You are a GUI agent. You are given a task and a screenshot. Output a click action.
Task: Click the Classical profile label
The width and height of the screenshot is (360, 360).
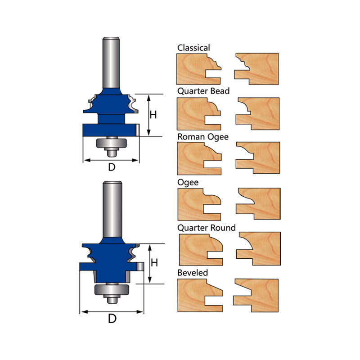(193, 48)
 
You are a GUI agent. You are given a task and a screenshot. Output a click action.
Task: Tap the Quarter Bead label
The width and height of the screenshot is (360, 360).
(203, 91)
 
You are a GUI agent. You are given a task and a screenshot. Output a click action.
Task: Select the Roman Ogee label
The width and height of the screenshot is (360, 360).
(203, 137)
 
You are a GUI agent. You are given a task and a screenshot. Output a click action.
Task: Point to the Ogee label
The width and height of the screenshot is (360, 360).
(188, 183)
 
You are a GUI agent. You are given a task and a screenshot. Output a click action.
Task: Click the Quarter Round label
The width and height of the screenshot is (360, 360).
(207, 228)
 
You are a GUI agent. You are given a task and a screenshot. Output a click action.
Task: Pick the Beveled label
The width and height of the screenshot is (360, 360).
(193, 273)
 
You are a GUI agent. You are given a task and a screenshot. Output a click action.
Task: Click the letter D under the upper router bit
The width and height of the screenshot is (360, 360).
(112, 167)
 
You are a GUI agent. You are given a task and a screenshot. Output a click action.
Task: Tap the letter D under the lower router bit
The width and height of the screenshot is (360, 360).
(112, 319)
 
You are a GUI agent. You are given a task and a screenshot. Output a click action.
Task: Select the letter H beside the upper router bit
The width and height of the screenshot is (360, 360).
(153, 115)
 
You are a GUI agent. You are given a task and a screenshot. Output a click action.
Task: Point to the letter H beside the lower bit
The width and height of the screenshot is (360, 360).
(154, 263)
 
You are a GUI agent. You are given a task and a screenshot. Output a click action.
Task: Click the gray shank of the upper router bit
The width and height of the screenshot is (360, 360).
(111, 63)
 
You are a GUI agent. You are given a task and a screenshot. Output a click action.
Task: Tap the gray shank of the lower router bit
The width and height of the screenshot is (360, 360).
(112, 209)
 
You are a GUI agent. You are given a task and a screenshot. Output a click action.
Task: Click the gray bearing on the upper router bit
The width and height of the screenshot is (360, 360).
(111, 143)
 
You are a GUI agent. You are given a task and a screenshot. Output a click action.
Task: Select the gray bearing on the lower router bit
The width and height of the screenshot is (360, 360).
(112, 289)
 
